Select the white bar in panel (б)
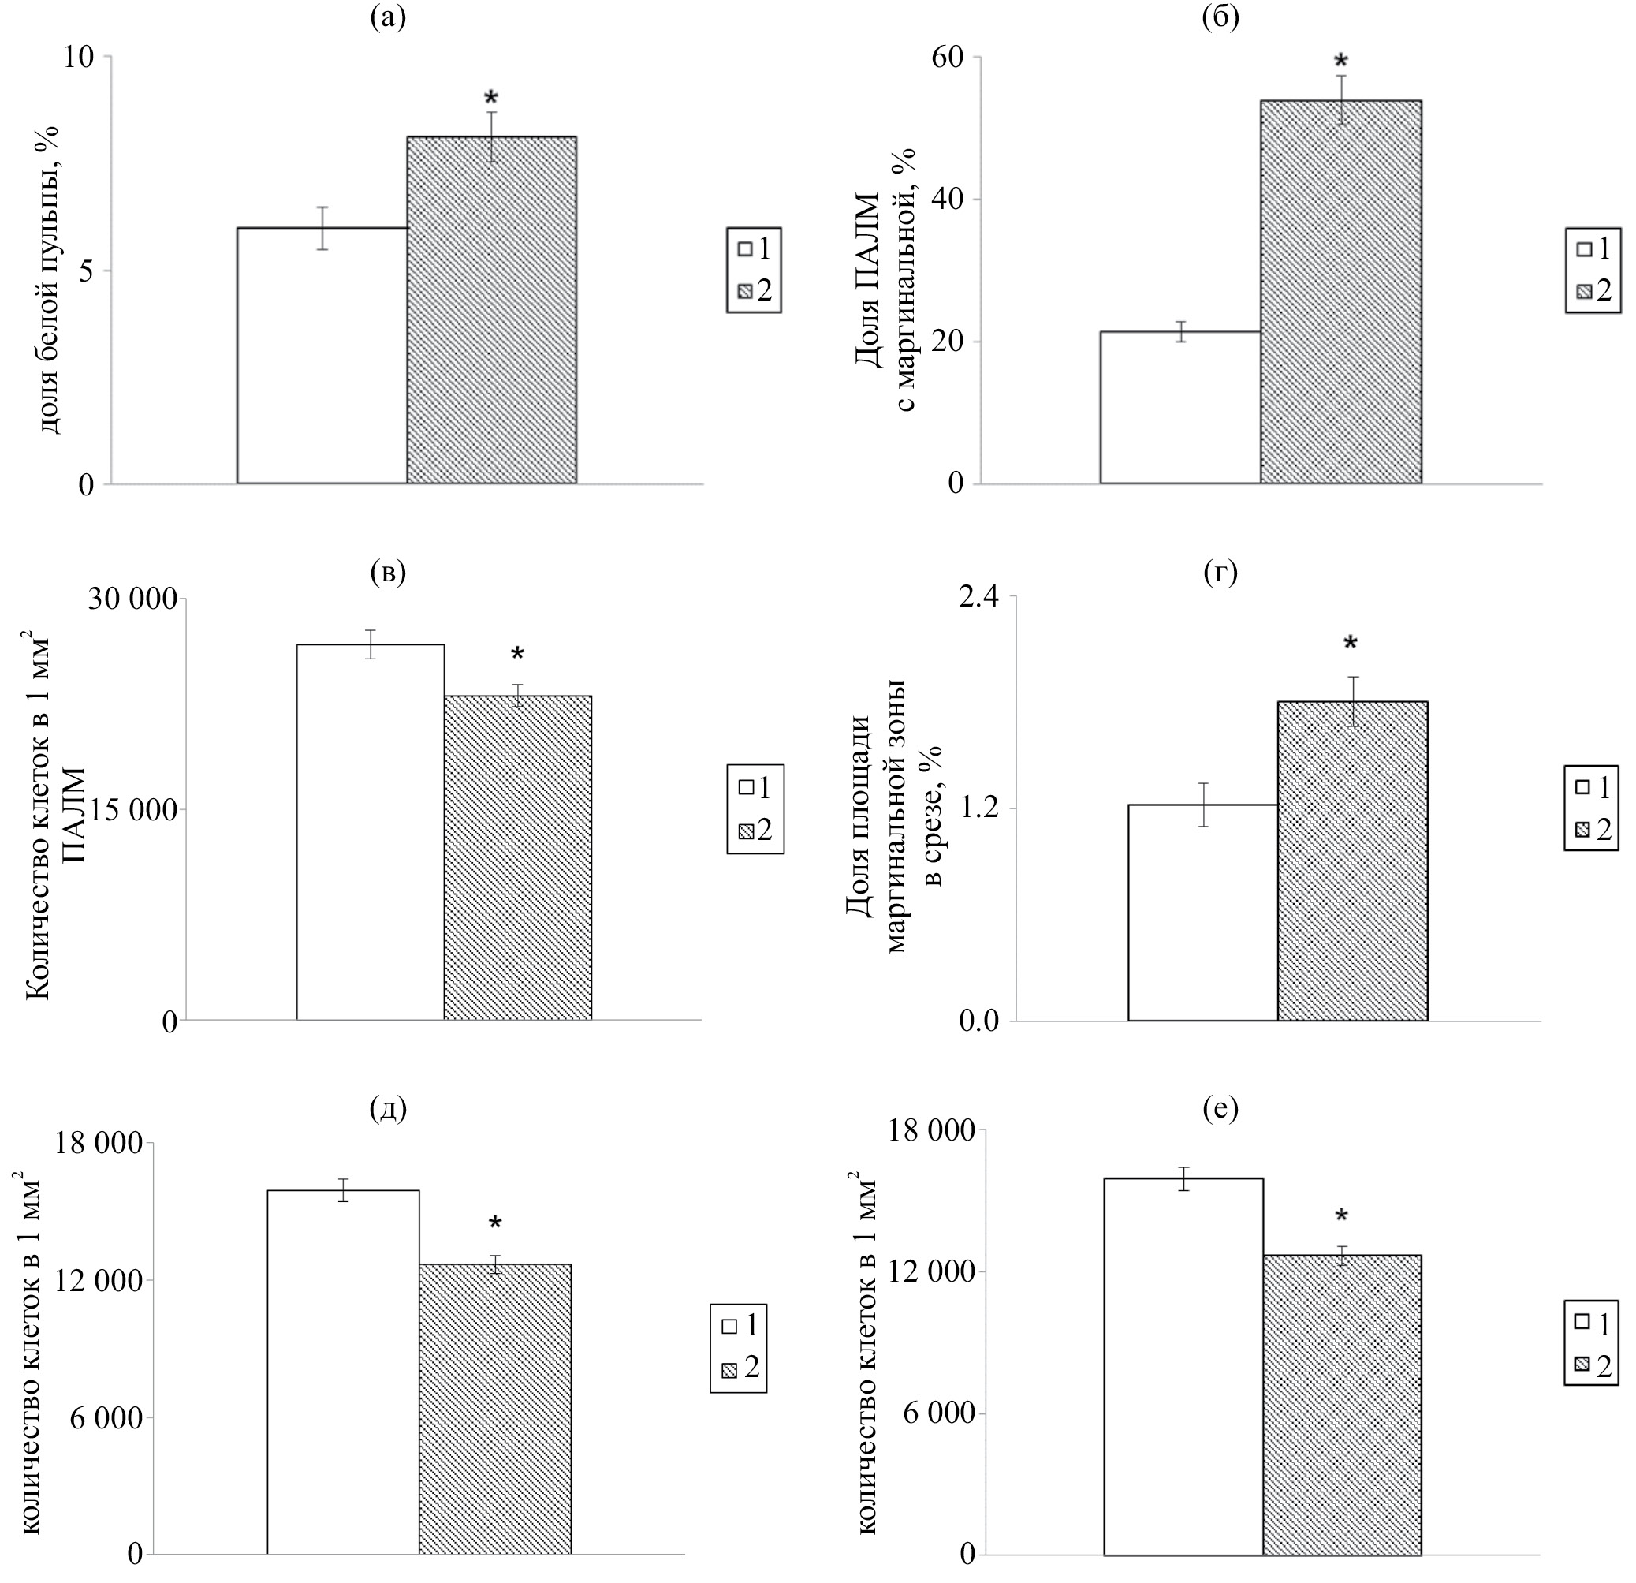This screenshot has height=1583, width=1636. [1179, 408]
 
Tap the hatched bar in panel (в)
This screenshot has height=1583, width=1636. [517, 857]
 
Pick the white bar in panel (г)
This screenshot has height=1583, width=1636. [1202, 912]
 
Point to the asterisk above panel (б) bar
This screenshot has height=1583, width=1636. [1340, 62]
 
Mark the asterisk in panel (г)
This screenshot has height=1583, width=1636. [1350, 644]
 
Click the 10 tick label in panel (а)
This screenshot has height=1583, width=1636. [79, 58]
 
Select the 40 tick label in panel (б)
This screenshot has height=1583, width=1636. [948, 200]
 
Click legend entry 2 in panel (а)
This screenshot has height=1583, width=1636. [755, 291]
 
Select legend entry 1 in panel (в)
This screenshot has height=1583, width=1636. [755, 786]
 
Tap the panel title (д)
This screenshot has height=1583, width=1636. [387, 1110]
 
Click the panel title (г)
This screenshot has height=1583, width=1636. [1220, 573]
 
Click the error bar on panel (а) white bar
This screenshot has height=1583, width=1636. [322, 228]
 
